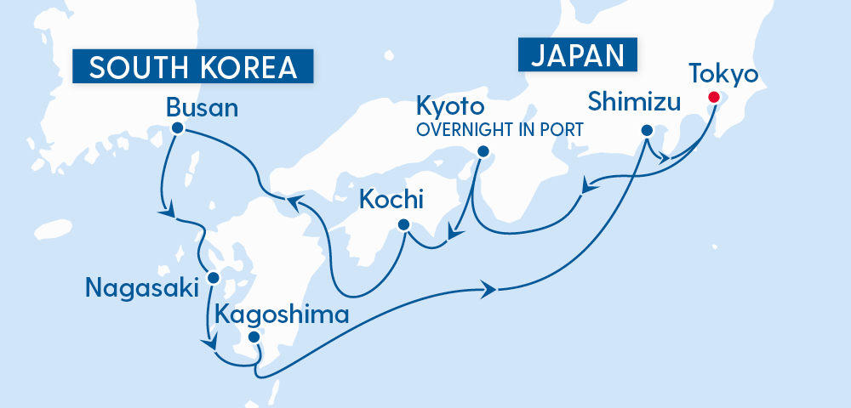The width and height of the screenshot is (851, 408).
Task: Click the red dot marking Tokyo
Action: point(713,98)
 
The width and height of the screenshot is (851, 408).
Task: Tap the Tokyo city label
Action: point(722,74)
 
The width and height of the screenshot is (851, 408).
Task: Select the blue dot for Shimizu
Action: point(646,131)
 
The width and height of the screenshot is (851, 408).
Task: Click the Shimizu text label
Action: point(635,103)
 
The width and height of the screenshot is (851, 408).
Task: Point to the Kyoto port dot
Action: point(483,152)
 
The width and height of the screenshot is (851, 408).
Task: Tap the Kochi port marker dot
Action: point(403,225)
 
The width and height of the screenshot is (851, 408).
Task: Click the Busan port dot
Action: point(177,128)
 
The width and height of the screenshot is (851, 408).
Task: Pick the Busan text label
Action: point(202,108)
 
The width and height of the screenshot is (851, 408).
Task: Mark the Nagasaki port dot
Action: point(214,278)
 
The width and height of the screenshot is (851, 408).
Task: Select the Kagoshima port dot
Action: point(253,337)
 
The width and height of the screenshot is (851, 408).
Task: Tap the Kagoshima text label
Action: point(282,314)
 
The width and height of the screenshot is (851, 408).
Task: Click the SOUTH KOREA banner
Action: point(192,67)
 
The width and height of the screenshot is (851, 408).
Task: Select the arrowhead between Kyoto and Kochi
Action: point(454,231)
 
